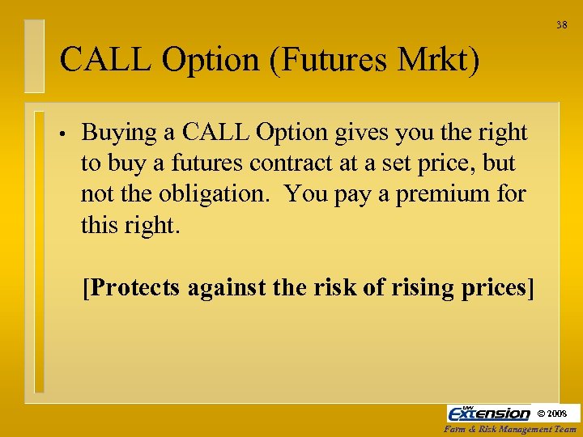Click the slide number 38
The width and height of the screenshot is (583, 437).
coord(561,25)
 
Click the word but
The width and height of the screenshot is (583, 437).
coord(498,163)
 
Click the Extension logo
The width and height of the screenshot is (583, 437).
coord(488,413)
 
